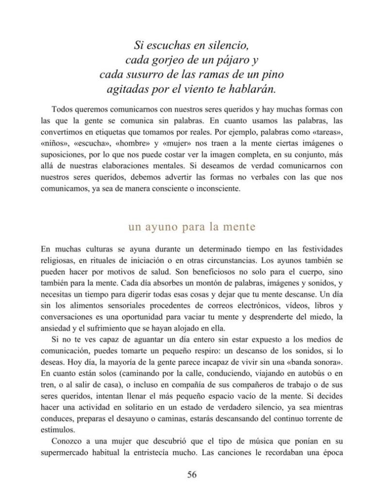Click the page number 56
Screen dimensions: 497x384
click(192, 475)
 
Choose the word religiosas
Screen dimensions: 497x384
click(59, 260)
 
